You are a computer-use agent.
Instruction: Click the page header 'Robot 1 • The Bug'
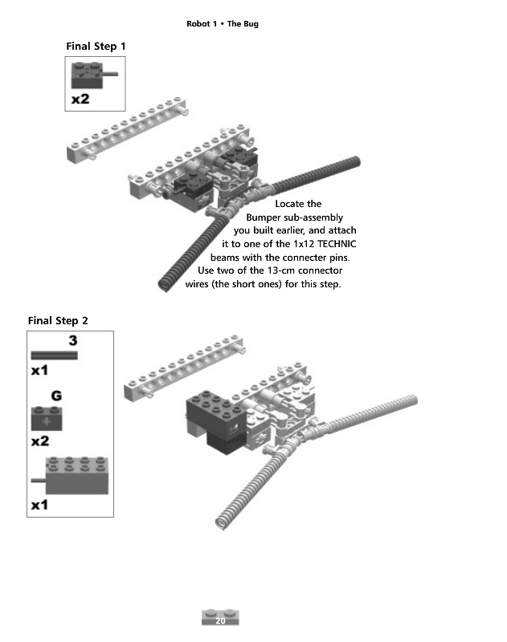(222, 24)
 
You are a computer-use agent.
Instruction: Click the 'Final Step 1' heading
(96, 47)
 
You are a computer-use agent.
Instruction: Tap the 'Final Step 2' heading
(58, 320)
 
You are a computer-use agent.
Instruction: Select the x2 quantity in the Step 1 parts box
(80, 99)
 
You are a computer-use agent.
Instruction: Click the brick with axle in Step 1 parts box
(94, 75)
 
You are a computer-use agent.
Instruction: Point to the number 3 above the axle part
(73, 340)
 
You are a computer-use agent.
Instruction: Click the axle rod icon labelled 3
(54, 356)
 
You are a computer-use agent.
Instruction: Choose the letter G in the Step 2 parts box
(56, 396)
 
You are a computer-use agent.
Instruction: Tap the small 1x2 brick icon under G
(47, 418)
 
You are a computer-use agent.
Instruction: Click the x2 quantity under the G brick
(40, 441)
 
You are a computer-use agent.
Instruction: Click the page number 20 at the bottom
(220, 620)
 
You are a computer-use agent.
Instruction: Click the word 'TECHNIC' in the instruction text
(337, 244)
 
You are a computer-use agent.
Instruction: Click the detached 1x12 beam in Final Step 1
(127, 130)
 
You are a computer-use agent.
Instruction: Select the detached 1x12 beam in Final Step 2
(184, 368)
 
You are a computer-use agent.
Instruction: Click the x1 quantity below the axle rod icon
(39, 370)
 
